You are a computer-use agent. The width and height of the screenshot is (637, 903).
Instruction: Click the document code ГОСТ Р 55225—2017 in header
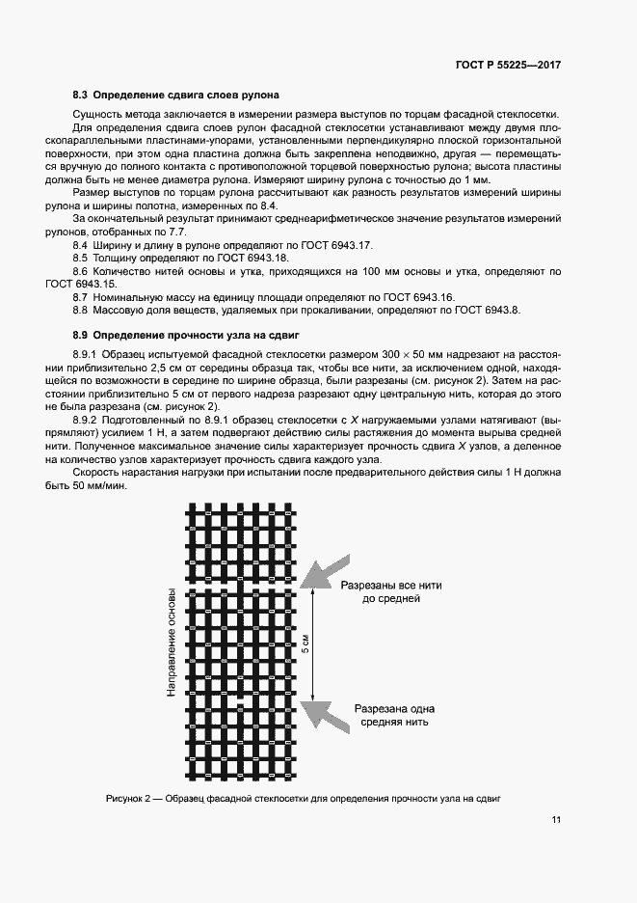(508, 66)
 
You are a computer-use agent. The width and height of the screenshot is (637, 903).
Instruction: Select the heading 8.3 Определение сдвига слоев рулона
(176, 96)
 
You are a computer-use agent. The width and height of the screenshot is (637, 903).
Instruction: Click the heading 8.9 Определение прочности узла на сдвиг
(187, 335)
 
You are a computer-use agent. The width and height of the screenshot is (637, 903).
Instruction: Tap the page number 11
(556, 820)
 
